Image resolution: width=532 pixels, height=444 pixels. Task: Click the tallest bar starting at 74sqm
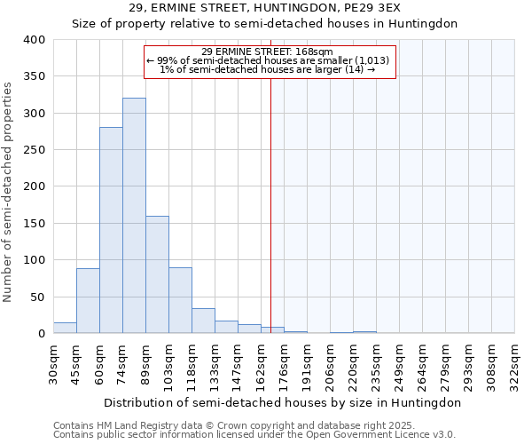point(134,216)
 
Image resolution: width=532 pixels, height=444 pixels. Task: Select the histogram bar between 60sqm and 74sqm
point(111,230)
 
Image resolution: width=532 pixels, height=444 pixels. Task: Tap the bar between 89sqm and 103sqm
point(157,274)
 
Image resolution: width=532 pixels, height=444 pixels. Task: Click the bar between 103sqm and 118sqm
point(180,300)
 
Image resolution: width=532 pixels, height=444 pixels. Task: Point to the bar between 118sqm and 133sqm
point(203,321)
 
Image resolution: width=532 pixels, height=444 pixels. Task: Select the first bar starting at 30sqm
point(65,328)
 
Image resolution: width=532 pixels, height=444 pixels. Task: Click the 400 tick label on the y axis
point(34,40)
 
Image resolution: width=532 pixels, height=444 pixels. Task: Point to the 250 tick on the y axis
point(34,150)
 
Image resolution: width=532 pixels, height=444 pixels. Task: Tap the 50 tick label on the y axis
point(37,297)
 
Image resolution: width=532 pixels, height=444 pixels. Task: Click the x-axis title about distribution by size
point(282,402)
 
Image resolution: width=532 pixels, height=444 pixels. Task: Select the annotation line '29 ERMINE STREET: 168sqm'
point(267,52)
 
